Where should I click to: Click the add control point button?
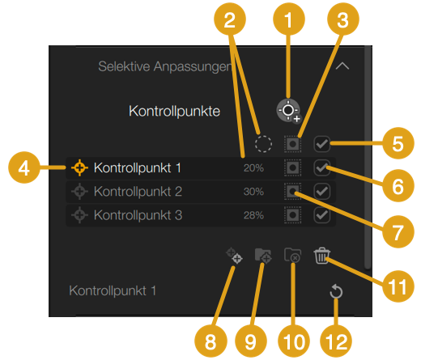tap(289, 111)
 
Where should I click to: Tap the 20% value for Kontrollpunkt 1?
tap(253, 168)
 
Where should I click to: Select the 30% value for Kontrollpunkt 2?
tap(253, 192)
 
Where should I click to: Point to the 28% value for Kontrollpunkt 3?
tap(253, 215)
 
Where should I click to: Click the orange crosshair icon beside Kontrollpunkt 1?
tap(79, 167)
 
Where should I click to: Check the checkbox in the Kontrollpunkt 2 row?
tap(321, 192)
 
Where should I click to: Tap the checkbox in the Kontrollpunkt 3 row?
tap(321, 215)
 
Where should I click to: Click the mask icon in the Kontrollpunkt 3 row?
tap(292, 215)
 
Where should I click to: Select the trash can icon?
tap(321, 256)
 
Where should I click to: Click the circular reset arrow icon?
tap(336, 291)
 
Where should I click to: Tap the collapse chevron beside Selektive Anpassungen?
tap(342, 66)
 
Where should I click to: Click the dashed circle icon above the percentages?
tap(263, 144)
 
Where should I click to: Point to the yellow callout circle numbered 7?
tap(398, 231)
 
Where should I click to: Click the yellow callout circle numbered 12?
tap(336, 341)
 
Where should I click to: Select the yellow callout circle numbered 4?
tap(24, 167)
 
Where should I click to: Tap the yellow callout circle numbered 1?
tap(289, 19)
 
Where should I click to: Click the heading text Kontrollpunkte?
tap(174, 112)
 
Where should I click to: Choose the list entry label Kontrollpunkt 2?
tap(138, 192)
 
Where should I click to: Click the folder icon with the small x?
tap(292, 255)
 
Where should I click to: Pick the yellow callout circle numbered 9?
tap(251, 341)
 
